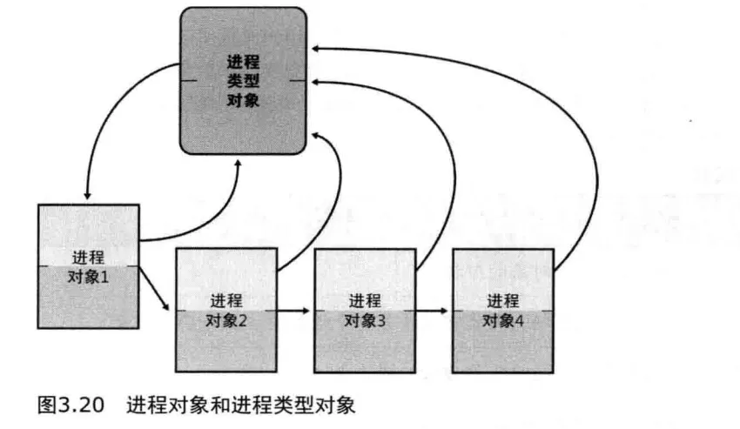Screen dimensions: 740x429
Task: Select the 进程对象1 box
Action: [x=88, y=265]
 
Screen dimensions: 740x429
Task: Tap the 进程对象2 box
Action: [x=225, y=310]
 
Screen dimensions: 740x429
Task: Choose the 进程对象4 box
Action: [x=502, y=310]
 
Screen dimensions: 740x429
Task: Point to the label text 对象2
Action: [x=225, y=319]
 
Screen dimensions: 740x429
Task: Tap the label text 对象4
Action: [x=503, y=319]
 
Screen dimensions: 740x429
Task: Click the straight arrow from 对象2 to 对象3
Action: [x=294, y=310]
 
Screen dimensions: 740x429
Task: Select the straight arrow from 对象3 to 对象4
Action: [x=433, y=310]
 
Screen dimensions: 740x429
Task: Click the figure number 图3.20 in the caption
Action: [x=71, y=404]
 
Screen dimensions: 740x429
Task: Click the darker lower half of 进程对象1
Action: [x=88, y=305]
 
